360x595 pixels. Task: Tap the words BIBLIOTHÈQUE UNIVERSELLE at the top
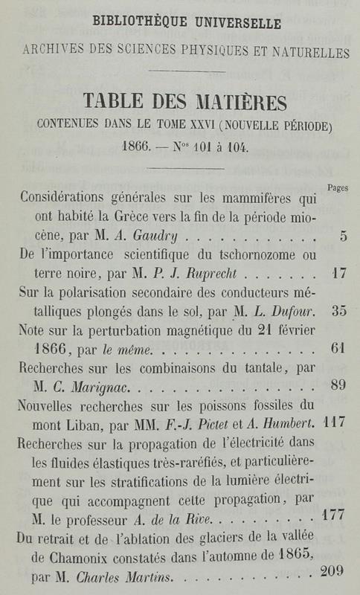pyautogui.click(x=180, y=24)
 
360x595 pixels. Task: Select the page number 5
pyautogui.click(x=342, y=237)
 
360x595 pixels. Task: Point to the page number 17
pyautogui.click(x=339, y=273)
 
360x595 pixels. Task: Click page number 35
pyautogui.click(x=339, y=311)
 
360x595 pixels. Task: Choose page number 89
pyautogui.click(x=339, y=385)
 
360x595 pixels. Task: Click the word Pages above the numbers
pyautogui.click(x=338, y=189)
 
